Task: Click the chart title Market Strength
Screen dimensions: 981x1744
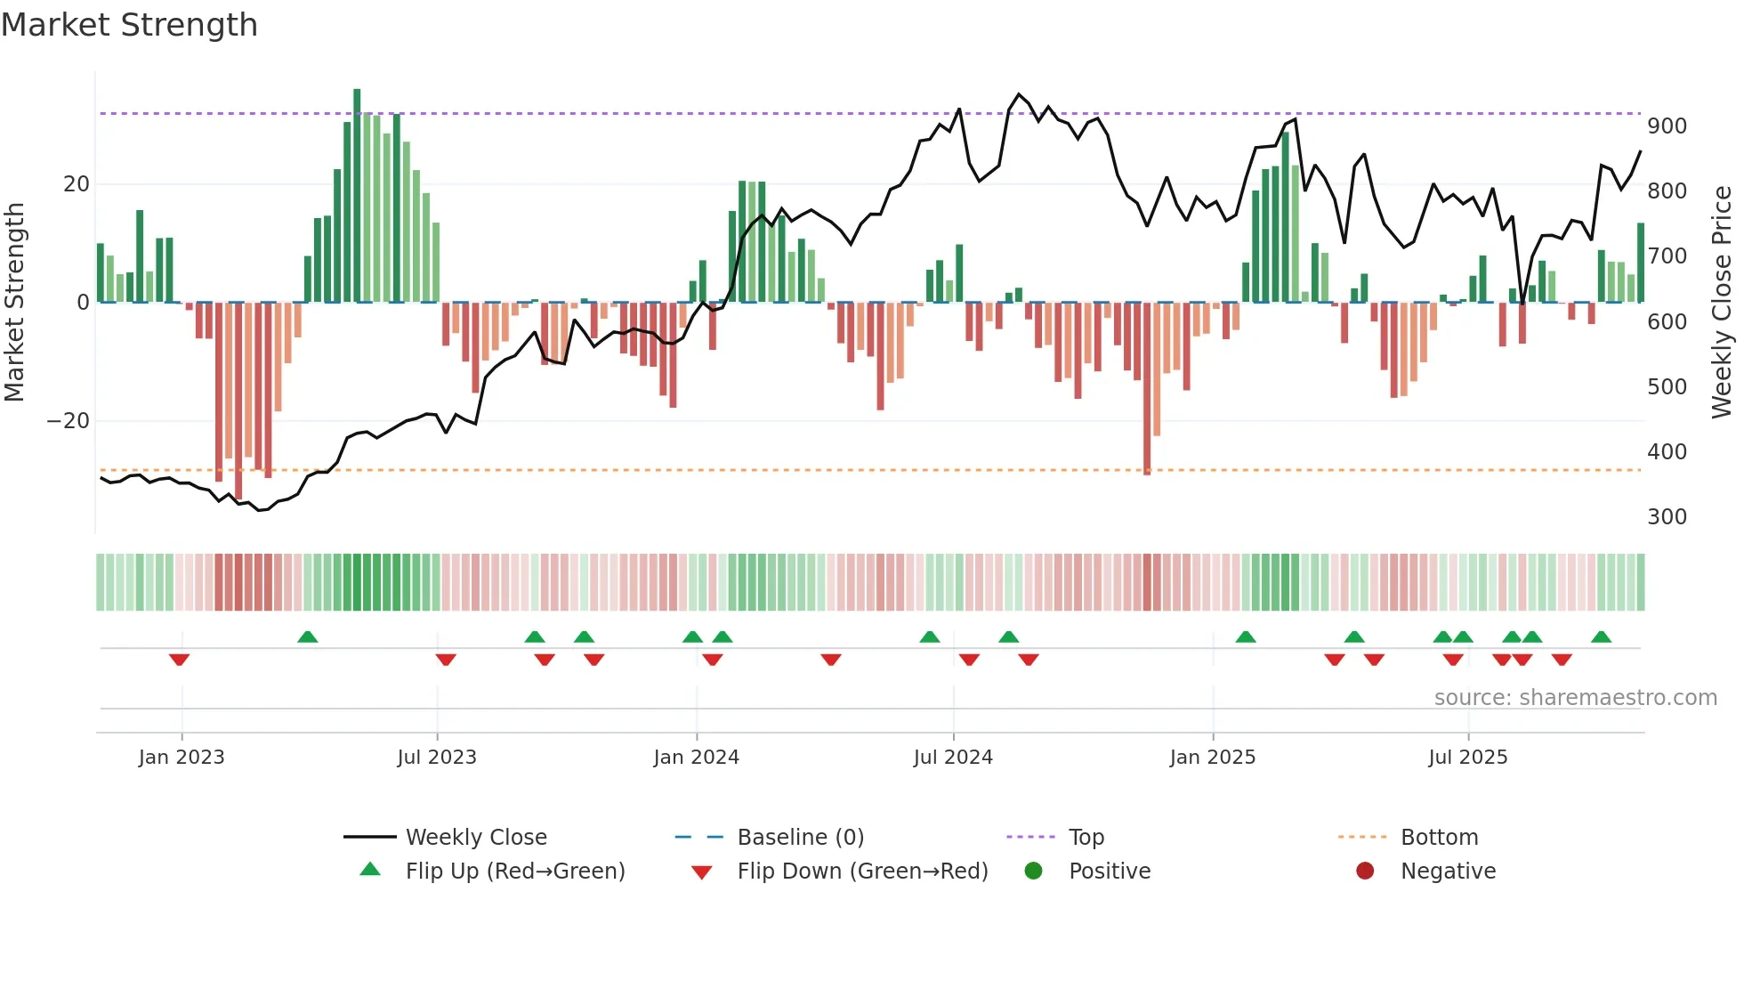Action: click(129, 25)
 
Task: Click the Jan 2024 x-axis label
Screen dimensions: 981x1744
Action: click(696, 758)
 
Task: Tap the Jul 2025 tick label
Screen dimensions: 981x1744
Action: click(1467, 758)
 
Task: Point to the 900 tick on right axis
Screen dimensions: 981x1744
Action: click(1667, 126)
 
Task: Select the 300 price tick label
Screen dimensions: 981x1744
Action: click(1667, 517)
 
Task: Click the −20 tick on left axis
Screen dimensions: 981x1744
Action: click(69, 421)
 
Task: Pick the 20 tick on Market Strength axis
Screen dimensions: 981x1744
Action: click(77, 184)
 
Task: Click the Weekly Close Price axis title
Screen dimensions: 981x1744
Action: click(1722, 303)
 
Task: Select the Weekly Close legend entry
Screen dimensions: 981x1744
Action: click(476, 838)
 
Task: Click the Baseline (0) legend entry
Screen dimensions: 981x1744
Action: click(800, 838)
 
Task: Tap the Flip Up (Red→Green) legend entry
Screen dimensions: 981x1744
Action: click(515, 872)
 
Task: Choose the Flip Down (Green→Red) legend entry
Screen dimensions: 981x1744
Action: click(862, 872)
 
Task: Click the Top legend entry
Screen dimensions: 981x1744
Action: click(1086, 838)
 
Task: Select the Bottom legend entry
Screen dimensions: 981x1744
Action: click(1439, 838)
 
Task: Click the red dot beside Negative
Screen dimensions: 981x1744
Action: click(1365, 872)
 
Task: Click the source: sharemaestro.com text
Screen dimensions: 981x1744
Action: click(1575, 698)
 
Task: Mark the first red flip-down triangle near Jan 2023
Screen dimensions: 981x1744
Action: click(179, 660)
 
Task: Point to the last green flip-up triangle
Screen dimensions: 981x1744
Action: click(1601, 636)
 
